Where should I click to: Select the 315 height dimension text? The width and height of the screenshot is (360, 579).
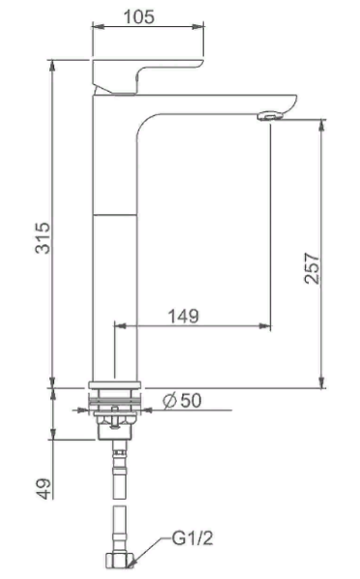[42, 237]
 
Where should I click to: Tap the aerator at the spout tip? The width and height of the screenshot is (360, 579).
[271, 117]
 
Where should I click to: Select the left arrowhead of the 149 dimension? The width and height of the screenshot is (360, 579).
[119, 327]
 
